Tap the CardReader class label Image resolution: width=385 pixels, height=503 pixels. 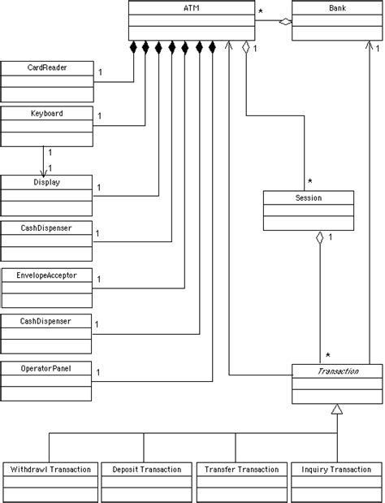tap(44, 67)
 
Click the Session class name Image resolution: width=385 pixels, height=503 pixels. tap(309, 197)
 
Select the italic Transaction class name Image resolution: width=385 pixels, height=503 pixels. tap(336, 371)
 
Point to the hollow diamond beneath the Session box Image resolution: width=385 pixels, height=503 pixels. tap(321, 237)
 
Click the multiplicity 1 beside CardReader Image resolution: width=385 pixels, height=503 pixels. tap(99, 73)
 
